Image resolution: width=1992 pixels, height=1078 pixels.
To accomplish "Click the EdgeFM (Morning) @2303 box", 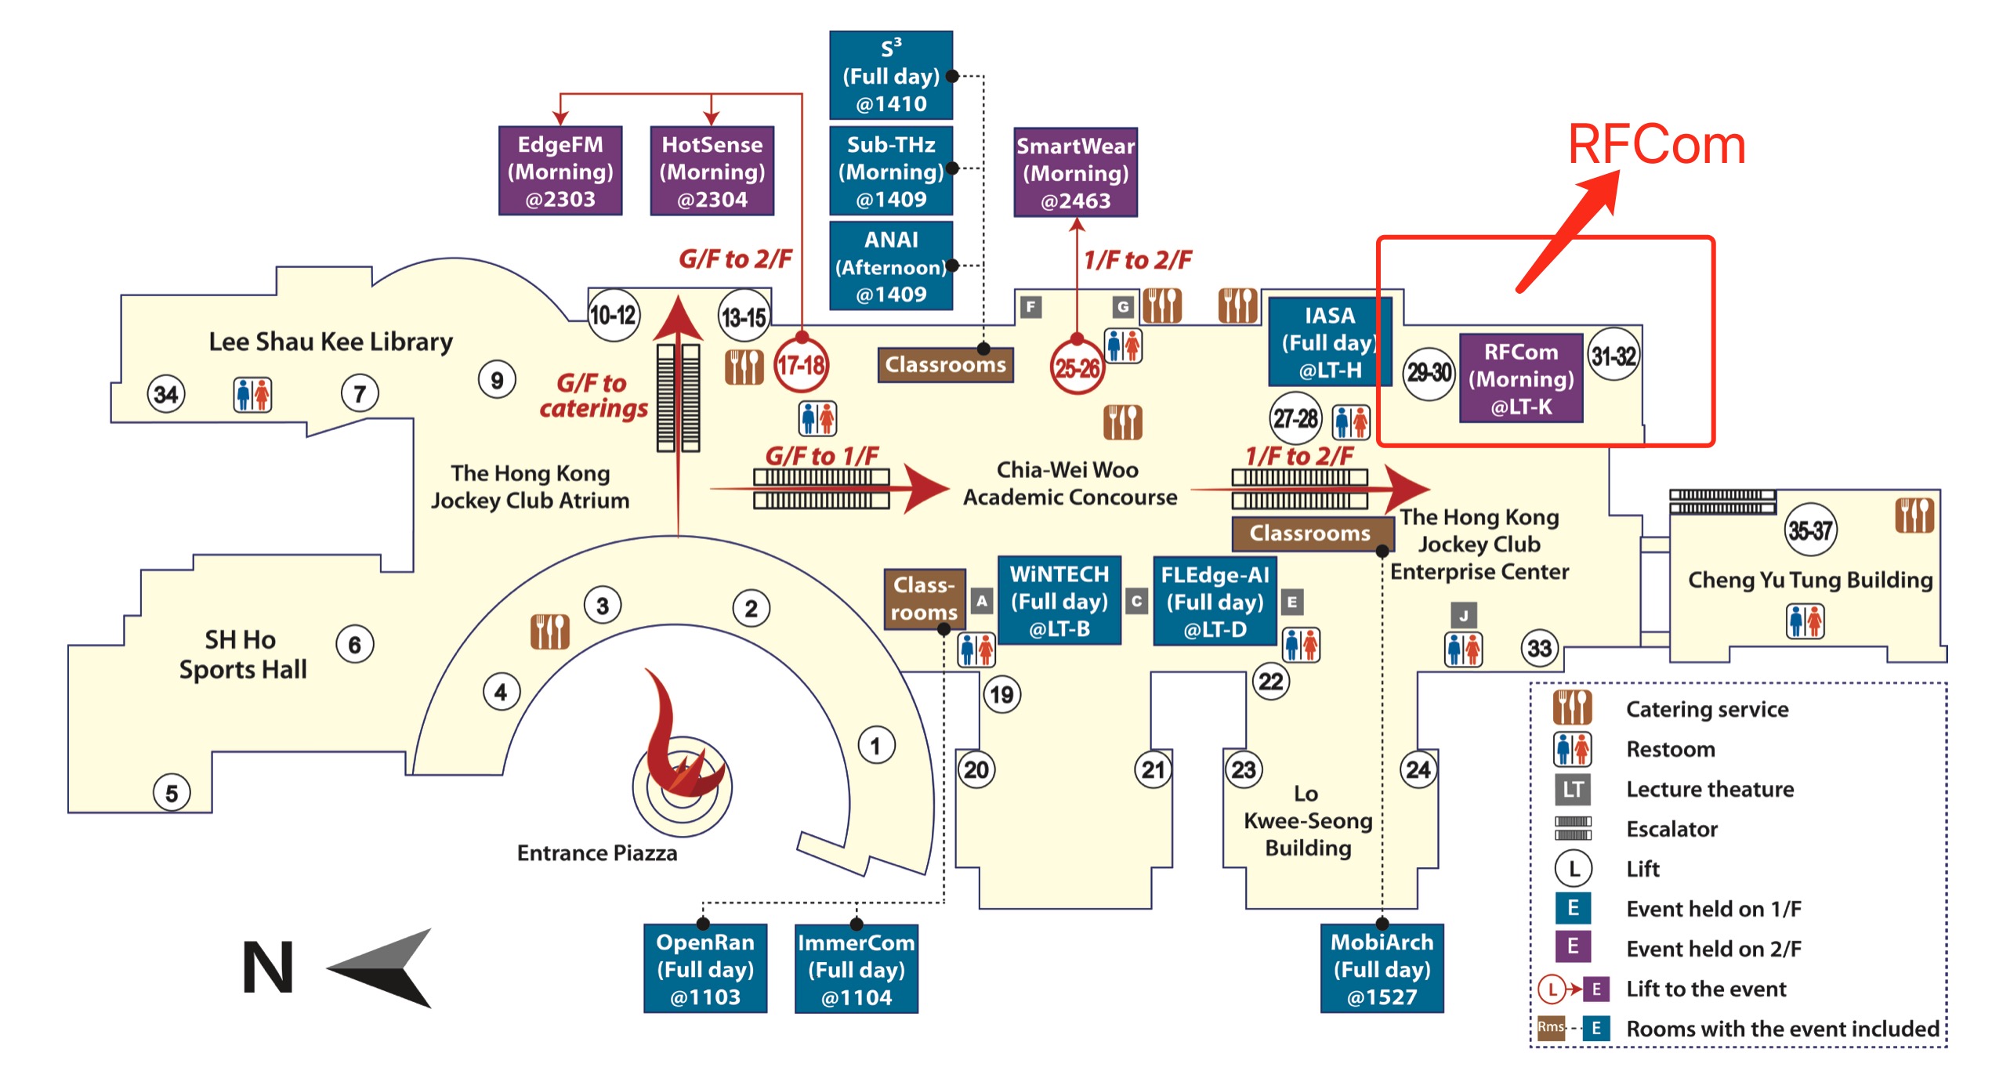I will coord(560,171).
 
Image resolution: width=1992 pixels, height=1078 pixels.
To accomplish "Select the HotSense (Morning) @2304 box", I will coord(712,171).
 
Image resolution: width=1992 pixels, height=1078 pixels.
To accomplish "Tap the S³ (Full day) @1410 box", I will coord(891,75).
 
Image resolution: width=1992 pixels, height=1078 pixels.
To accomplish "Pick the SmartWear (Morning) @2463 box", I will coord(1075,172).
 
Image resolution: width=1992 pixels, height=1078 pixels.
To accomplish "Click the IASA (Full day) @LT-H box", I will coord(1329,342).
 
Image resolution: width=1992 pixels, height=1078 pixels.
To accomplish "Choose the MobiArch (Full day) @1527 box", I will coord(1382,969).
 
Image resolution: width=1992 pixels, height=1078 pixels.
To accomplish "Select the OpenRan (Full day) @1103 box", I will coord(705,969).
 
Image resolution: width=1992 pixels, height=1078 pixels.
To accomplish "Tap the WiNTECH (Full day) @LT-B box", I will coord(1059,601).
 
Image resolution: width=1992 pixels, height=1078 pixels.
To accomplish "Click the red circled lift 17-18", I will coord(801,365).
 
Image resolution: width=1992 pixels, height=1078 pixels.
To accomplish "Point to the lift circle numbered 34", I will coord(166,393).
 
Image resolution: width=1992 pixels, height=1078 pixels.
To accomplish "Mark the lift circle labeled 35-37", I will coord(1810,530).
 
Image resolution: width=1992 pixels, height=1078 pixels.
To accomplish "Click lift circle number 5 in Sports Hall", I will coord(172,793).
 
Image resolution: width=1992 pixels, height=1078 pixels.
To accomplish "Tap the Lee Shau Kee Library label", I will coord(330,342).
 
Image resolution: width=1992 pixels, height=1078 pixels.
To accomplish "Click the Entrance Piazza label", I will coord(596,852).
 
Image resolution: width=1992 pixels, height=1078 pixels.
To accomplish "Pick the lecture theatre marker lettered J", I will coord(1463,615).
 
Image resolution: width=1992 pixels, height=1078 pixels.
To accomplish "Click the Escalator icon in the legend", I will coord(1573,828).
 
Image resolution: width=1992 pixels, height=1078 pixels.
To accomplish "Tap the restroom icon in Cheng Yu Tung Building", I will coord(1805,621).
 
